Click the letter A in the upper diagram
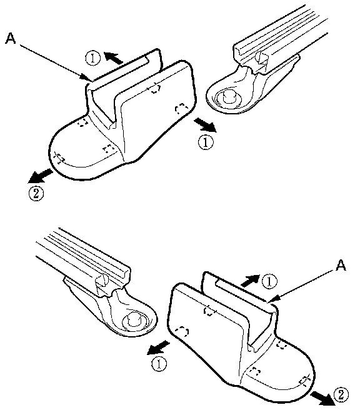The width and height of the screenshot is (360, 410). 11,38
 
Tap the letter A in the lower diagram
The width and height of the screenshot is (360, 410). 341,265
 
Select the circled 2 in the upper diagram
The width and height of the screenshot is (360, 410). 36,194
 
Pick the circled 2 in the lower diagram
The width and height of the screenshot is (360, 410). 341,394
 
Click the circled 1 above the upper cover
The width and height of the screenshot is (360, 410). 92,58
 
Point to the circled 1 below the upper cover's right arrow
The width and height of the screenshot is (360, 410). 206,142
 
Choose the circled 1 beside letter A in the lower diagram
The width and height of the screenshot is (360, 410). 269,281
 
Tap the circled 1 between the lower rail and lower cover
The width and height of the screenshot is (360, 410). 159,364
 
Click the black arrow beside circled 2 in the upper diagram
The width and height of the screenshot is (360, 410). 40,176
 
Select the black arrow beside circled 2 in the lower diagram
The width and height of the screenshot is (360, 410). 322,397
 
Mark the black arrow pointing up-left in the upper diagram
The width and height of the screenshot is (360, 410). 114,57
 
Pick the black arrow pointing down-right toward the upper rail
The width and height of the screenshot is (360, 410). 206,125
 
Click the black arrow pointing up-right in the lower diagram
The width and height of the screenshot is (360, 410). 249,281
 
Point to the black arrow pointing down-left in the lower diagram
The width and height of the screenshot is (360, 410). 159,347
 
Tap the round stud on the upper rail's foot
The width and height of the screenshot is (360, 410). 230,97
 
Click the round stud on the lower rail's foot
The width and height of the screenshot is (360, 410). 134,319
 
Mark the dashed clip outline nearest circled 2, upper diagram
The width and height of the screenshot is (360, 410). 59,158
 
